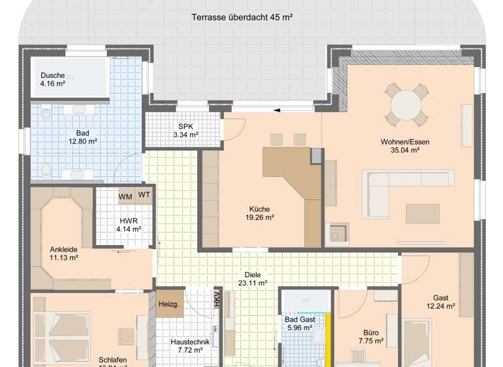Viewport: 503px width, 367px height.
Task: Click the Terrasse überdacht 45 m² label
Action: (242, 18)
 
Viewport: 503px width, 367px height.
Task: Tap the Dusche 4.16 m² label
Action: (52, 79)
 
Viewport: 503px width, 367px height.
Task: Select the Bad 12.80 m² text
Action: (82, 136)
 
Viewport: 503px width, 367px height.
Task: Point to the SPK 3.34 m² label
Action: (185, 130)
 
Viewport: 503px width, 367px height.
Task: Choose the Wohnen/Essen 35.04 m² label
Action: (400, 145)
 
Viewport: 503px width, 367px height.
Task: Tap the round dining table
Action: (405, 104)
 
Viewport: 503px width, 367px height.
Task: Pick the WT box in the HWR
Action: (144, 195)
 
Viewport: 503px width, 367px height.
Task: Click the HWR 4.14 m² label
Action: (128, 225)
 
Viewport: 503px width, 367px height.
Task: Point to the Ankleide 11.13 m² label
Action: (64, 254)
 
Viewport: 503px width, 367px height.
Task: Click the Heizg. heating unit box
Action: (169, 304)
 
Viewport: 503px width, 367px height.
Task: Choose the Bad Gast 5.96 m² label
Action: (299, 324)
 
